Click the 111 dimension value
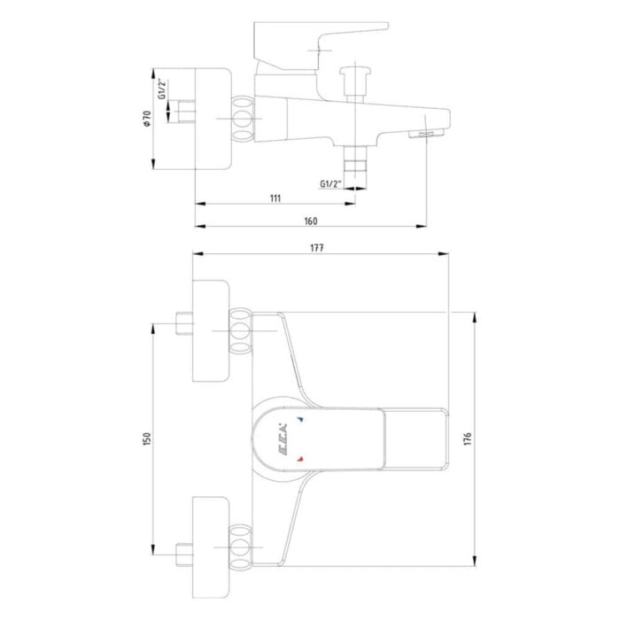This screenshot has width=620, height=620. pos(275,198)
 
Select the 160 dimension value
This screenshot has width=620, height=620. pos(310,221)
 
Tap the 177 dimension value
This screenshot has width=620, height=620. pos(317,248)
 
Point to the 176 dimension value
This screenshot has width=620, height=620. pos(468,439)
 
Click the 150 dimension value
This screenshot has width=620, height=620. pos(147,439)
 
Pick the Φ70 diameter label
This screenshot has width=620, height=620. pos(147,119)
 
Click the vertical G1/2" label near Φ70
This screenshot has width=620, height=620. pos(162,89)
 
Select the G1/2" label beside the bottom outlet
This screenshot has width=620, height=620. pos(330,184)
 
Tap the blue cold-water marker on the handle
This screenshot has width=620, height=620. pos(300,419)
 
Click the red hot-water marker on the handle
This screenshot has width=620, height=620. pos(300,459)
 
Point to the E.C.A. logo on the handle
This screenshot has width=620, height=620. pos(282,439)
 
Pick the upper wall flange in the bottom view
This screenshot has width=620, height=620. pos(211,331)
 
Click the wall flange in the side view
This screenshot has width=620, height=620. pos(213,119)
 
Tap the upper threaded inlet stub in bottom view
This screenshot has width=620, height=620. pos(184,324)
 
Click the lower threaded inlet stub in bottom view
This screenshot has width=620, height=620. pos(184,554)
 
